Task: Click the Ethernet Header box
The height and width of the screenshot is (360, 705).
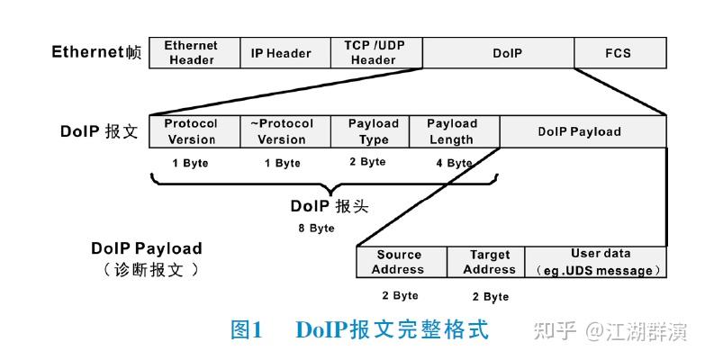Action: [x=192, y=53]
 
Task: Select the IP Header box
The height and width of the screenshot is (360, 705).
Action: [x=281, y=53]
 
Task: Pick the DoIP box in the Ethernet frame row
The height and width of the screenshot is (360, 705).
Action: [x=507, y=53]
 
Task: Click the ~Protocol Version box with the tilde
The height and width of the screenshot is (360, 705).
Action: [x=282, y=131]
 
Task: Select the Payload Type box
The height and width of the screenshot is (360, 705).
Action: [x=374, y=131]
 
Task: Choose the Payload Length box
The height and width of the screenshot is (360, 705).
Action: [x=452, y=131]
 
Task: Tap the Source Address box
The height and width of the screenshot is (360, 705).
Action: [x=399, y=262]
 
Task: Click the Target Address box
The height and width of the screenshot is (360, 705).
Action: [x=489, y=262]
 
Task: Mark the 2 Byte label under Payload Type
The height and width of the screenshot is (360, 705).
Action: [x=367, y=162]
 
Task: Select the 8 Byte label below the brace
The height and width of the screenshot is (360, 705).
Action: [x=316, y=228]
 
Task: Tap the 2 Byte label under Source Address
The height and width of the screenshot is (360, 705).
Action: [x=400, y=295]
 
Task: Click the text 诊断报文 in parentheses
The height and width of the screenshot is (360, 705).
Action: [x=152, y=268]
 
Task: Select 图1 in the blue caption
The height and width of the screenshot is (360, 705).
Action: [x=246, y=330]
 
